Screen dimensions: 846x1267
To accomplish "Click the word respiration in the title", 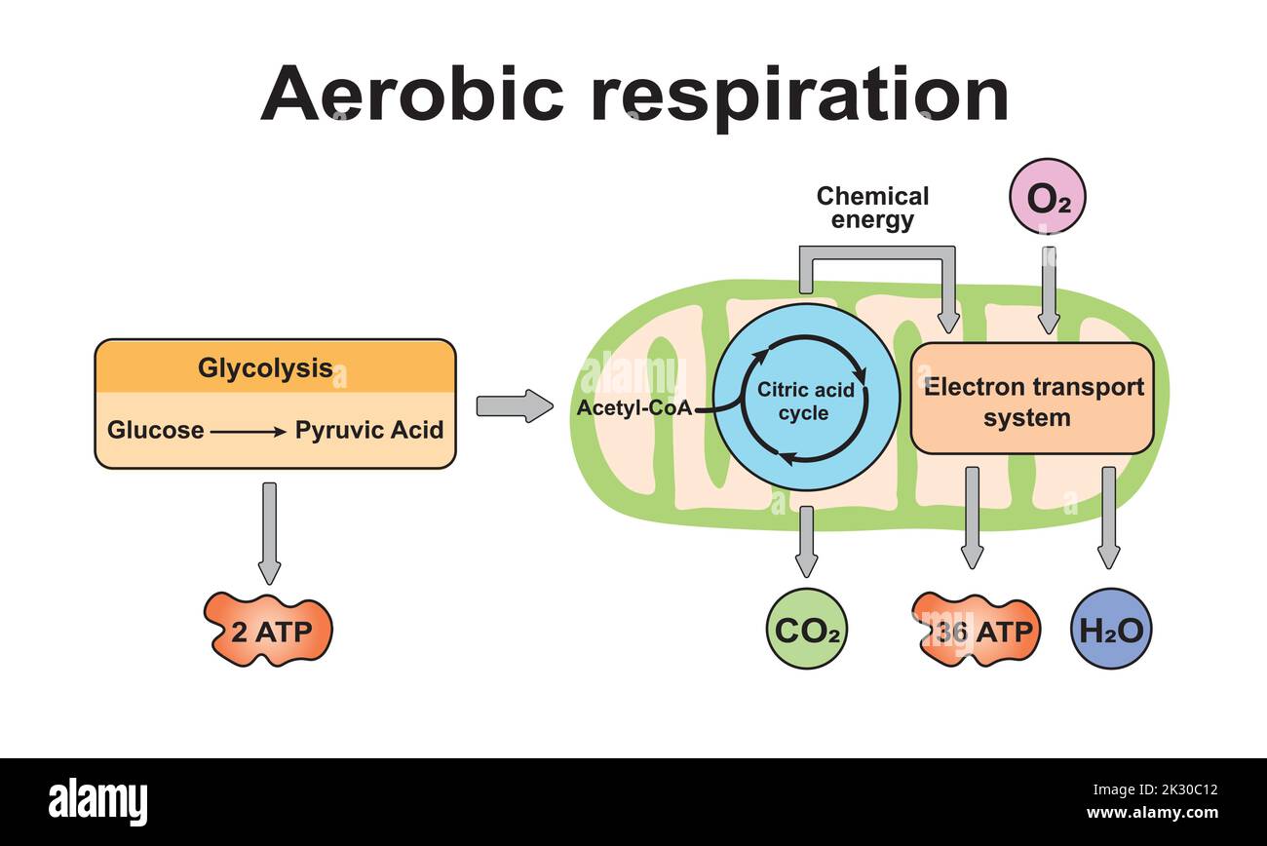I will (x=799, y=96).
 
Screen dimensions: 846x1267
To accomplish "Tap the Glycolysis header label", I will (x=265, y=368).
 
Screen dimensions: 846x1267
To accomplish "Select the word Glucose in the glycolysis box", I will (x=156, y=430).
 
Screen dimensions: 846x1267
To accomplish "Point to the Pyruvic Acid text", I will (x=369, y=430).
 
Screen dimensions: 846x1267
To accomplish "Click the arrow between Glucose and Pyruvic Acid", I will (x=249, y=430).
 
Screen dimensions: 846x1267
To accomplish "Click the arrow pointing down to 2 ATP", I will (x=270, y=531).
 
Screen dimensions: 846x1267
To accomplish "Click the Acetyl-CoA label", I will (x=633, y=407).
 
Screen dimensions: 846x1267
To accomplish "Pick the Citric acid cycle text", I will (x=806, y=402).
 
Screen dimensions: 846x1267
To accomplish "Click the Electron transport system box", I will (x=1032, y=400).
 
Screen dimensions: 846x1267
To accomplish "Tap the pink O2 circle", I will (x=1048, y=198).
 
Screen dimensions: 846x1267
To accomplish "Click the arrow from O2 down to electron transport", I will (x=1049, y=288).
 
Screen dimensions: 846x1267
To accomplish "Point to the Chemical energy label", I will (x=872, y=208).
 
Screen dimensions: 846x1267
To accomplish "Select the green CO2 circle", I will (x=806, y=630).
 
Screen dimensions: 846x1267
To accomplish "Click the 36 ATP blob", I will (x=977, y=632).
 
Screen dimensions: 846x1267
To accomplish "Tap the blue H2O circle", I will (x=1111, y=630).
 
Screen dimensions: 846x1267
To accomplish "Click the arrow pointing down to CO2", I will (x=806, y=541).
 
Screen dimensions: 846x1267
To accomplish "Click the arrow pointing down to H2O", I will (x=1108, y=517).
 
